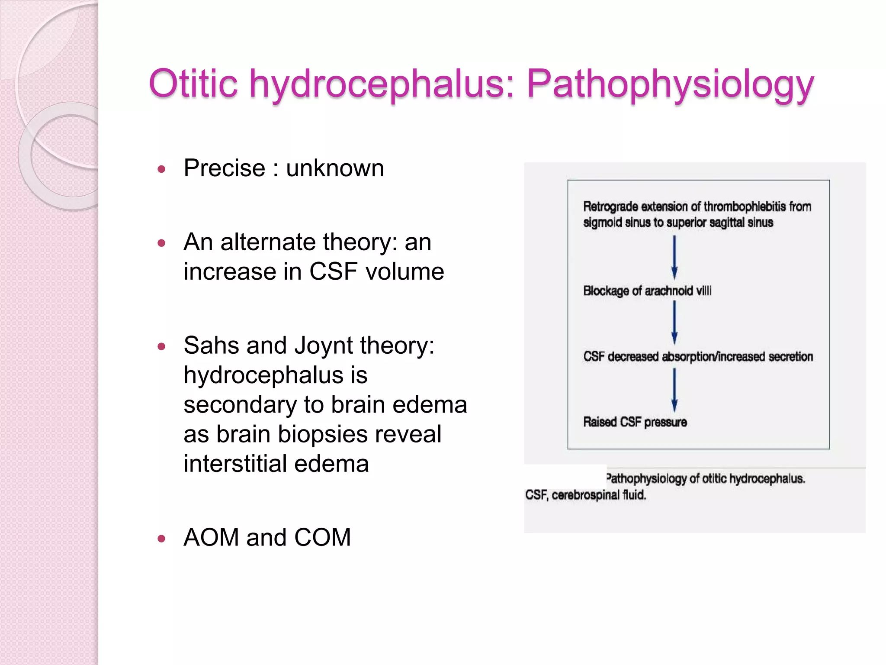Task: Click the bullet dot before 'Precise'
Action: pyautogui.click(x=162, y=169)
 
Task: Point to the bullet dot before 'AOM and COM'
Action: pyautogui.click(x=162, y=539)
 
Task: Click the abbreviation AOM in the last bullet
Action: pyautogui.click(x=211, y=537)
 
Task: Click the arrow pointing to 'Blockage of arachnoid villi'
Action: pyautogui.click(x=674, y=257)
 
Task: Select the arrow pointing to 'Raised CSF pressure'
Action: pyautogui.click(x=674, y=390)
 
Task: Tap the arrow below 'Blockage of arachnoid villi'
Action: pyautogui.click(x=674, y=323)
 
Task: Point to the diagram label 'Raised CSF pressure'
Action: pyautogui.click(x=635, y=422)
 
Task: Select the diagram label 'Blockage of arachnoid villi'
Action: pyautogui.click(x=647, y=291)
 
